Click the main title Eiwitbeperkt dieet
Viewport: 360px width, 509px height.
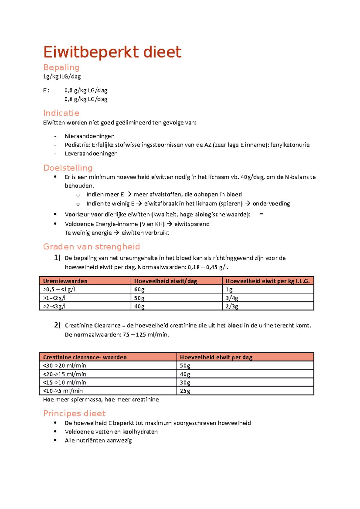(x=112, y=52)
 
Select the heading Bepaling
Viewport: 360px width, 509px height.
(x=61, y=67)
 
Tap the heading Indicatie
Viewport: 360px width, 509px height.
(x=61, y=113)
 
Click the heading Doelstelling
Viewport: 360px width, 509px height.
(x=68, y=168)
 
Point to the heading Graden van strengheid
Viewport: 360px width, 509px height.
(x=91, y=247)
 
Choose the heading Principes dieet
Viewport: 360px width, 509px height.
(x=74, y=413)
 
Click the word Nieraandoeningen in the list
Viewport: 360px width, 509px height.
(x=89, y=136)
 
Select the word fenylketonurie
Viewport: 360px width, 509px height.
(x=290, y=145)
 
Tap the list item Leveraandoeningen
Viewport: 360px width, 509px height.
(x=91, y=153)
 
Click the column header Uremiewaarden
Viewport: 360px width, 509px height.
(x=65, y=281)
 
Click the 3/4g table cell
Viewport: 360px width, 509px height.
(x=232, y=298)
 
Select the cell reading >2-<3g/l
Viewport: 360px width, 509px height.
(x=54, y=306)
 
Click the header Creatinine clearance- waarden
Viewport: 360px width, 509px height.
(x=85, y=357)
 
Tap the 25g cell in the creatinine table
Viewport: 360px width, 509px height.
(x=185, y=391)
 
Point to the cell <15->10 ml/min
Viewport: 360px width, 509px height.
(x=64, y=382)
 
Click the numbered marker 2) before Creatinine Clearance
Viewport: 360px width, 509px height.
(x=57, y=325)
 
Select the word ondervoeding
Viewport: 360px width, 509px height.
(x=271, y=204)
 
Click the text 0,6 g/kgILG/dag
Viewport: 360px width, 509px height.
(x=86, y=99)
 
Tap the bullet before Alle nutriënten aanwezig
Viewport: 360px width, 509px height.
(x=55, y=440)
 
